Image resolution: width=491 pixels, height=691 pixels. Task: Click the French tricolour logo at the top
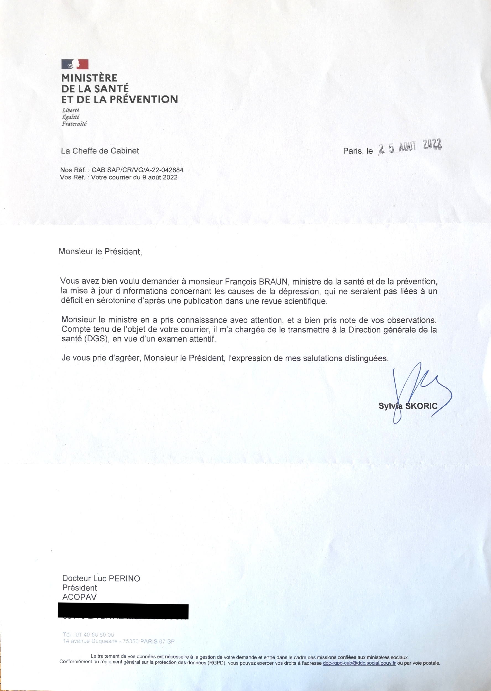75,64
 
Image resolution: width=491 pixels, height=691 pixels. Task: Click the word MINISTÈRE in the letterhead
89,78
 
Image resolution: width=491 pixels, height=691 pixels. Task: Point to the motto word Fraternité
74,124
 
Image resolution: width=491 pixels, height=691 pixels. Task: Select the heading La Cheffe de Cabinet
100,151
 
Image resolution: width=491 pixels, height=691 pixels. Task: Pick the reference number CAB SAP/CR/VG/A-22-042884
138,170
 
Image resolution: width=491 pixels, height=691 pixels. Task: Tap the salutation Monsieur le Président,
100,252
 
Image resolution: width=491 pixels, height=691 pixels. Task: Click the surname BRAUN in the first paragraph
272,281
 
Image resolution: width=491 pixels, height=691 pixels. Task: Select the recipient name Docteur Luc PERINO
101,579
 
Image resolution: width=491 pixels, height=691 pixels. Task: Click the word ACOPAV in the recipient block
79,597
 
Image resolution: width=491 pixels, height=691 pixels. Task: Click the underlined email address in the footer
359,663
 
